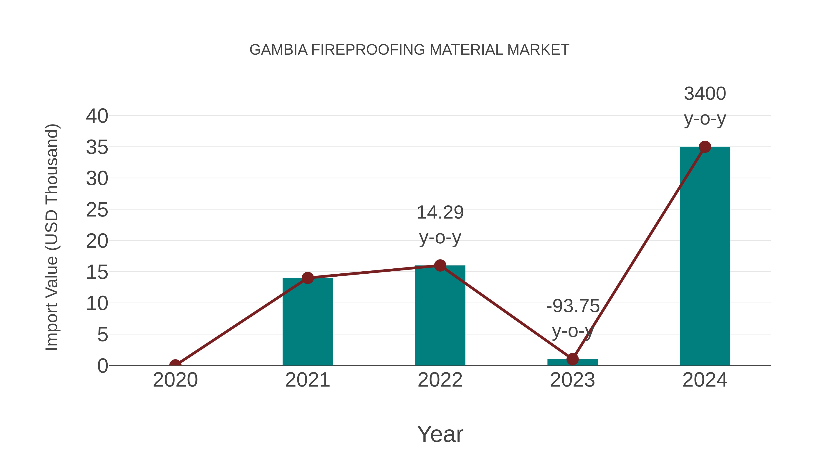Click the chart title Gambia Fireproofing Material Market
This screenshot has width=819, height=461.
click(x=409, y=50)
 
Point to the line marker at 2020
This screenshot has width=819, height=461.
click(x=175, y=365)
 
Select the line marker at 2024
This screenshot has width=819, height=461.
click(x=705, y=147)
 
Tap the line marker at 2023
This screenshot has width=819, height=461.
click(x=572, y=359)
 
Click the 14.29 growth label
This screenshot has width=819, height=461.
click(x=440, y=213)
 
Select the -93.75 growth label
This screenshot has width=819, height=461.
click(x=573, y=306)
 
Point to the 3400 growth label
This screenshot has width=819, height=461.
click(x=705, y=94)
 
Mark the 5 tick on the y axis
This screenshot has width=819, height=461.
click(x=103, y=335)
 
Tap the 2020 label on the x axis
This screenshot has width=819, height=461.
click(x=175, y=380)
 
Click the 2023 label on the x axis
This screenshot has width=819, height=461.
click(x=572, y=380)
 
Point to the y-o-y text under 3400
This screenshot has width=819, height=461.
click(x=705, y=119)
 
